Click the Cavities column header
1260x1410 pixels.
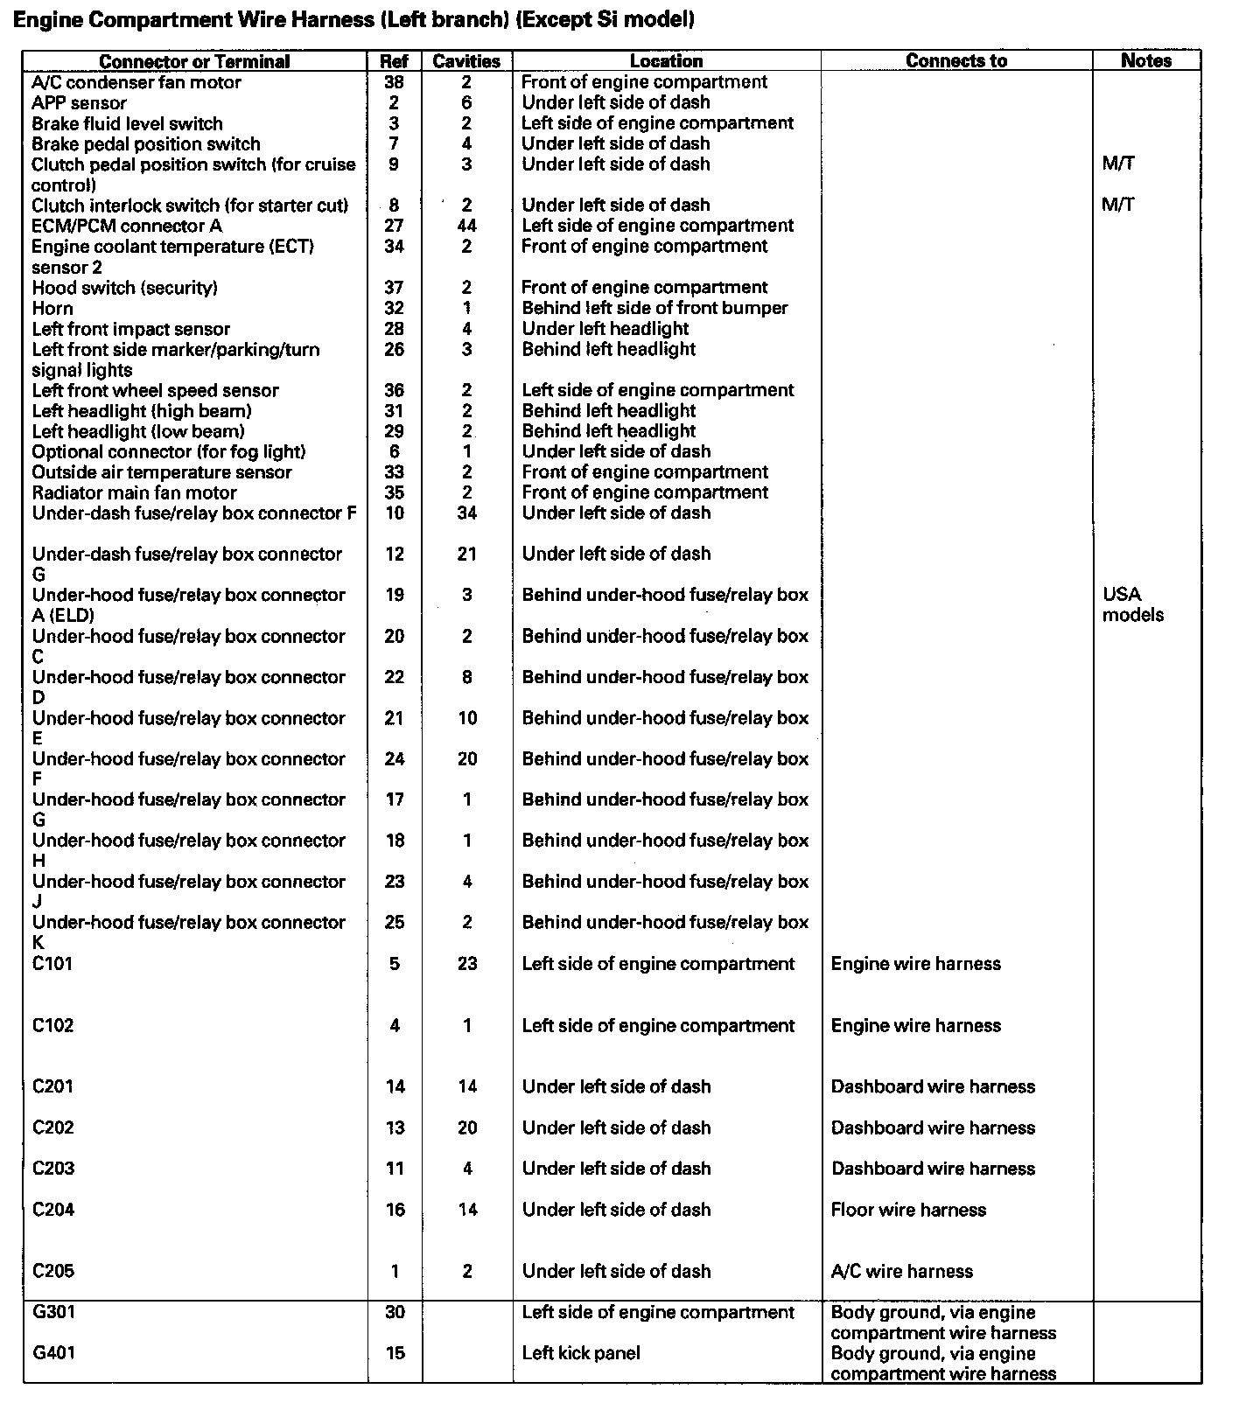466,61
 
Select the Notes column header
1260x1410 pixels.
1145,60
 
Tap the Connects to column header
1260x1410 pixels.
955,61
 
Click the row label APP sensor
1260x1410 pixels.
79,103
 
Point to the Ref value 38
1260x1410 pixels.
394,82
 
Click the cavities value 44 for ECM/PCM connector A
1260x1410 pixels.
466,226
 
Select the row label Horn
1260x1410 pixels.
52,308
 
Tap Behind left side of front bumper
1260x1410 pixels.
654,308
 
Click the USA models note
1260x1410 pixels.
1132,604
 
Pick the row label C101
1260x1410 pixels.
52,963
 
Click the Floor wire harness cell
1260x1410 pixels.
908,1210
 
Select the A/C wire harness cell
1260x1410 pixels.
901,1271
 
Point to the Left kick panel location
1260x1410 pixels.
581,1353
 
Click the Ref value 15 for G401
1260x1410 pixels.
395,1353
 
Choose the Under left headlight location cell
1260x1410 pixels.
605,329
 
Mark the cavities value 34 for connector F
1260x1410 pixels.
466,513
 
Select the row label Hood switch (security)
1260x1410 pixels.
124,288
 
